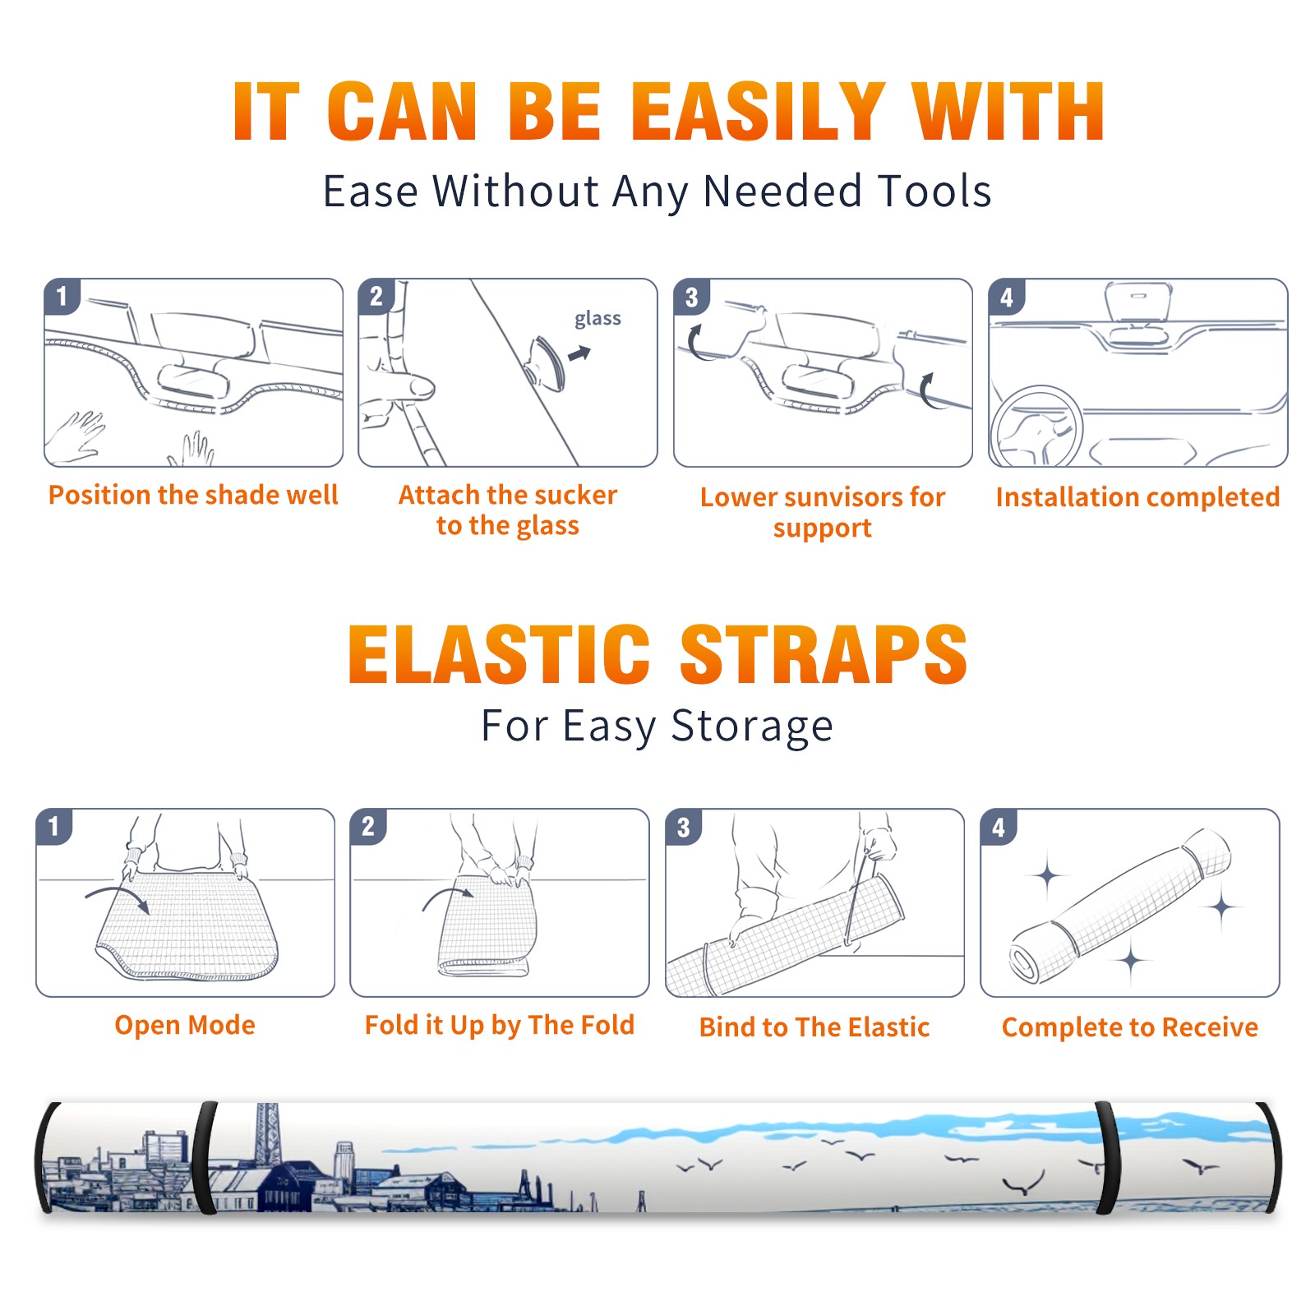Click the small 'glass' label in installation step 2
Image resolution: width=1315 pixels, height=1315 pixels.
[598, 319]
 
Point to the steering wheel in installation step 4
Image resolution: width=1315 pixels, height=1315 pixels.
[1036, 427]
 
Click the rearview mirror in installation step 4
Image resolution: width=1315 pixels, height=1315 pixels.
[1137, 302]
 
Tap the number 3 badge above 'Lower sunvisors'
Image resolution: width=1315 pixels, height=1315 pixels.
[692, 297]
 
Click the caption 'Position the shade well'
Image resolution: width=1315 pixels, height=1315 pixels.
[193, 495]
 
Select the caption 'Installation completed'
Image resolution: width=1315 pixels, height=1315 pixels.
[1137, 497]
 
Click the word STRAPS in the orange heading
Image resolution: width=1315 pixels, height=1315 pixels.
[824, 654]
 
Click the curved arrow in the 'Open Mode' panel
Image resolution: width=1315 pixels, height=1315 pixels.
[117, 897]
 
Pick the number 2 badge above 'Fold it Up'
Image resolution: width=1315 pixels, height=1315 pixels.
[368, 826]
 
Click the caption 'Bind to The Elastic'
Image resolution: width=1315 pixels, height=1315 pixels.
[814, 1027]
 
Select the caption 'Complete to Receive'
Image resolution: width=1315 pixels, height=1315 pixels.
[1130, 1027]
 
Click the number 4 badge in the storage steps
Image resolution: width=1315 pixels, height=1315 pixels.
[999, 826]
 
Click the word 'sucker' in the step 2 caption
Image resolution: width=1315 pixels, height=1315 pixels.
[575, 495]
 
